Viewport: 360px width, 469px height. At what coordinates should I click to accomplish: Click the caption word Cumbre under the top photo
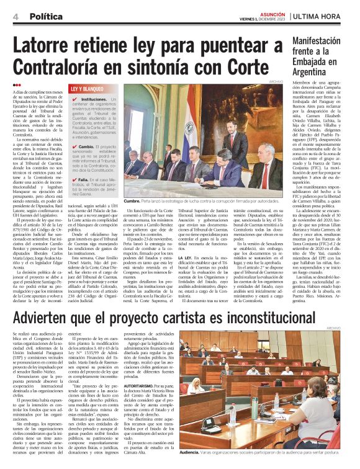[x=132, y=201]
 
